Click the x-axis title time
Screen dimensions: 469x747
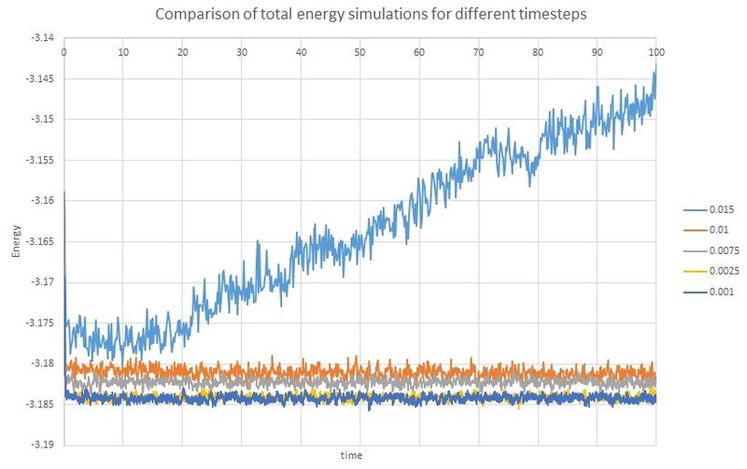pyautogui.click(x=352, y=455)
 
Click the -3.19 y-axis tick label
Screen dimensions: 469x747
pyautogui.click(x=42, y=445)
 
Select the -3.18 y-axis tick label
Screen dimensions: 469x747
pyautogui.click(x=42, y=363)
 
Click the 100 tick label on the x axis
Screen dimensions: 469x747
pyautogui.click(x=656, y=50)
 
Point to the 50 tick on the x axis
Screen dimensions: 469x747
pyautogui.click(x=359, y=50)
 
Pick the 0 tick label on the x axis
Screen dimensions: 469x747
pyautogui.click(x=63, y=50)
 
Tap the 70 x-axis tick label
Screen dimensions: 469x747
pyautogui.click(x=478, y=50)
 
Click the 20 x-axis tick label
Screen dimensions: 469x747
pyautogui.click(x=182, y=50)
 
